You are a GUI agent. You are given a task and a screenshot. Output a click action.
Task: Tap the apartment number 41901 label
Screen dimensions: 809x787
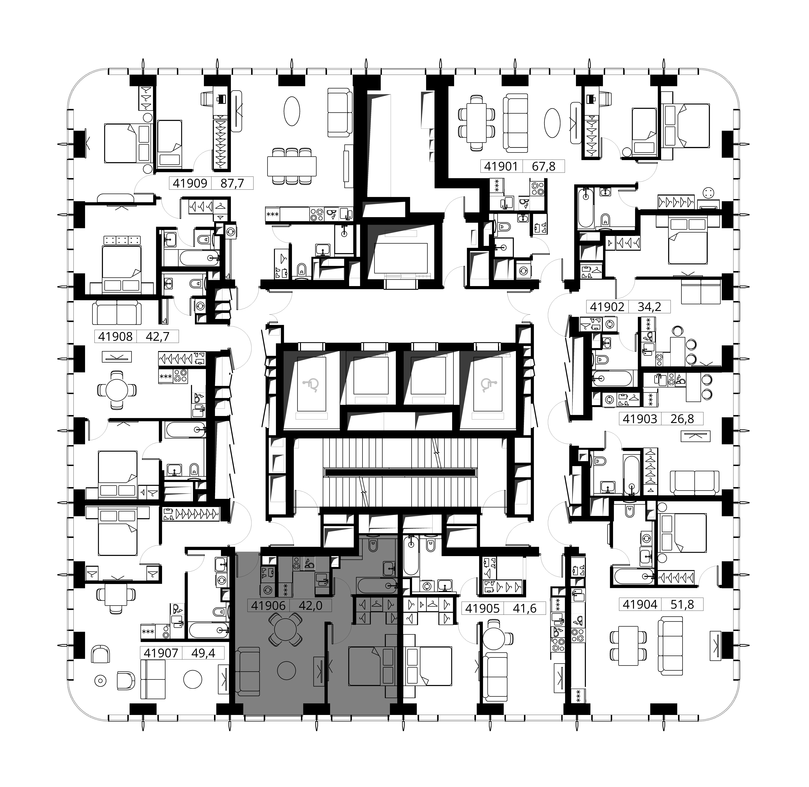pos(501,167)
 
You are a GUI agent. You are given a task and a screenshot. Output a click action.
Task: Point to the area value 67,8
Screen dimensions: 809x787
pos(543,167)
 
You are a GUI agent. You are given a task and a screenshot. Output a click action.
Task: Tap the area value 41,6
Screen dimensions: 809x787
pos(525,608)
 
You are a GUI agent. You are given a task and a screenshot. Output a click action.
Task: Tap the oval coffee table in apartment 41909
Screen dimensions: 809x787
pos(292,111)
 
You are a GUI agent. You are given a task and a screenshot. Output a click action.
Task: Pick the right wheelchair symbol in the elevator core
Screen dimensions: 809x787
pos(488,385)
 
